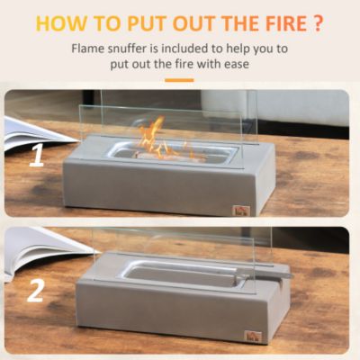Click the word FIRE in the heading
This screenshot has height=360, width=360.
click(273, 22)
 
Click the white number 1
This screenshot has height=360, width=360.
click(37, 157)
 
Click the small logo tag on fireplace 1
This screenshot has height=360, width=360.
click(239, 210)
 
